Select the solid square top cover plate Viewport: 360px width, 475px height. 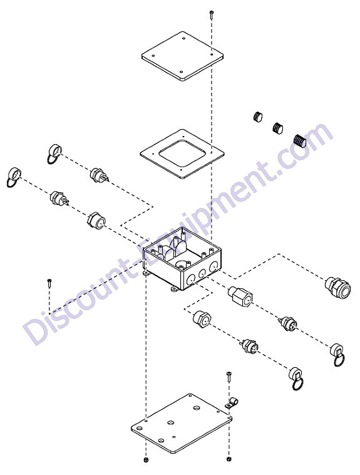click(x=183, y=56)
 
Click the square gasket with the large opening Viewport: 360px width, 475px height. click(x=182, y=154)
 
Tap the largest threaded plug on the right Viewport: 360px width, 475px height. click(x=301, y=140)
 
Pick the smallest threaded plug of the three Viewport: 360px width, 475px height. click(x=258, y=117)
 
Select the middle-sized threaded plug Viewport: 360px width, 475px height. click(x=278, y=128)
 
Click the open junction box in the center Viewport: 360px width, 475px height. click(x=183, y=259)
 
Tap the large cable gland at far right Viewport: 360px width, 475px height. click(x=337, y=286)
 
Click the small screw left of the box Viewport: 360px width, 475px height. click(x=49, y=283)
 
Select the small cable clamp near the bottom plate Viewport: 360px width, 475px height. click(x=232, y=404)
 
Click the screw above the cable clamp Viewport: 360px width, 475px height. click(x=229, y=377)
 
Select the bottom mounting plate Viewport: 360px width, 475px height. click(x=182, y=423)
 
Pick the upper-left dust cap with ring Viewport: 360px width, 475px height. click(x=54, y=154)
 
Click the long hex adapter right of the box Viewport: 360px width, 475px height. click(x=240, y=296)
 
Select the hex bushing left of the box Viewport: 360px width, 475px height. click(x=96, y=221)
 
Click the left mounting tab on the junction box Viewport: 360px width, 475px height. click(x=147, y=273)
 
